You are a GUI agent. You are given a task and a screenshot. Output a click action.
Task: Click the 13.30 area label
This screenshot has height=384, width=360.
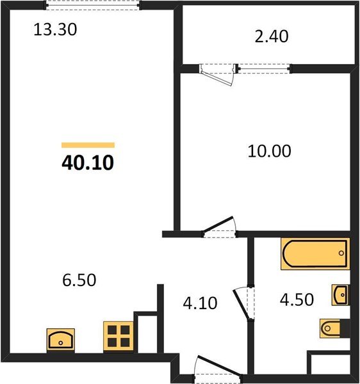(x=55, y=29)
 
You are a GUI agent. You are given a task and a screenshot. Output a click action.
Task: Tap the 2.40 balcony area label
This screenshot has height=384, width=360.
(x=272, y=36)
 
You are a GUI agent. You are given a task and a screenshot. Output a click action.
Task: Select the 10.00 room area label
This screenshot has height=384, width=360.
(x=269, y=151)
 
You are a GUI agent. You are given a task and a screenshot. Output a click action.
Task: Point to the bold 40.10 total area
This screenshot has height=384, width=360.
(x=88, y=163)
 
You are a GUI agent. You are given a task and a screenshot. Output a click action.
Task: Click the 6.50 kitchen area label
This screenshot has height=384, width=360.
(x=79, y=280)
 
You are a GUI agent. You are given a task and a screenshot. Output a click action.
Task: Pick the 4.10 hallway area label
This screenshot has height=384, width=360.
(x=200, y=303)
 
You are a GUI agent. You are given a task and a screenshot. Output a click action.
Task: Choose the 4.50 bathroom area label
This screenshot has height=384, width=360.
(x=297, y=300)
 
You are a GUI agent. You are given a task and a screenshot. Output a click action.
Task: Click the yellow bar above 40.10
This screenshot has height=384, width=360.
(x=88, y=145)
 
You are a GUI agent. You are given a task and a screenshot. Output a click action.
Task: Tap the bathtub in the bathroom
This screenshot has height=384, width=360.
(x=315, y=253)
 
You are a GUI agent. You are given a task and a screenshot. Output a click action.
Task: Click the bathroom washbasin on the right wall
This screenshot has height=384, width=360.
(x=341, y=295)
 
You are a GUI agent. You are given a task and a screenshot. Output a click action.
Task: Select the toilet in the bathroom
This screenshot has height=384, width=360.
(x=334, y=328)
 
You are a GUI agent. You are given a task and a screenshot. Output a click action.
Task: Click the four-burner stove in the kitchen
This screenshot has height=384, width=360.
(x=119, y=337)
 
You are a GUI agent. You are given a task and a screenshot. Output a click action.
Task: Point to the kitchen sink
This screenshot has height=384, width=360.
(x=61, y=340)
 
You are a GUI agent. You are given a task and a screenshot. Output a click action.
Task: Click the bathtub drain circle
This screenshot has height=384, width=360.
(x=341, y=253)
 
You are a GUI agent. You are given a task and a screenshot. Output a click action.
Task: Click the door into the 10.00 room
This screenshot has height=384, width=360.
(x=219, y=227)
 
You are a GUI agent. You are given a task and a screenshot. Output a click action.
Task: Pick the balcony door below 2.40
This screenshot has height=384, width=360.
(x=217, y=74)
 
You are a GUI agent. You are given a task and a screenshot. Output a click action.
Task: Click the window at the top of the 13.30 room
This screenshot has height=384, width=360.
(x=93, y=5)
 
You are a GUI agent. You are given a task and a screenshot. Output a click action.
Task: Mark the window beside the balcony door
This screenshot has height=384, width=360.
(x=264, y=68)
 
